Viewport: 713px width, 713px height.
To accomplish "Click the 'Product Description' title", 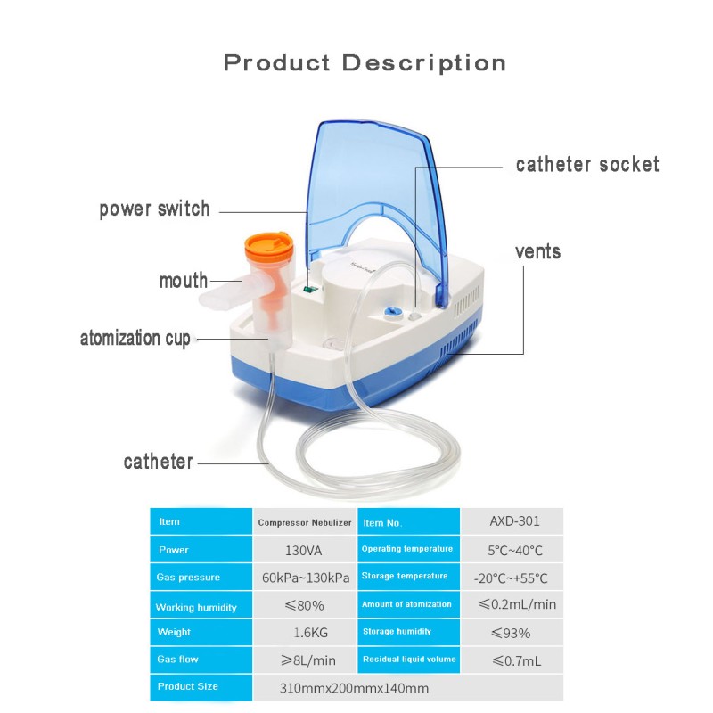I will point(365,63).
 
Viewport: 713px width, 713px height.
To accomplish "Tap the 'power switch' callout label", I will point(154,209).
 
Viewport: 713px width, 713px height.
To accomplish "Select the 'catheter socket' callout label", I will point(587,165).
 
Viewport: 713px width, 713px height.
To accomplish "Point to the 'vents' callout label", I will point(538,251).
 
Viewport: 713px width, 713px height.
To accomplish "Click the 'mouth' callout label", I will point(184,281).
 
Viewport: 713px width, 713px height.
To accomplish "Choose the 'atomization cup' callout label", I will point(135,339).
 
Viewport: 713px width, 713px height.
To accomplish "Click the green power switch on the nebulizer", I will point(308,288).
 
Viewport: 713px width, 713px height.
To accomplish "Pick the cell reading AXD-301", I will point(514,521).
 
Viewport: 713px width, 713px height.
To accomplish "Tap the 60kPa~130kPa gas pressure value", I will point(305,578).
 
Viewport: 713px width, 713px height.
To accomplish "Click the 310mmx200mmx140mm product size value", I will point(354,687).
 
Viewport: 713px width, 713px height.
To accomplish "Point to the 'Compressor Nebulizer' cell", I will point(305,522).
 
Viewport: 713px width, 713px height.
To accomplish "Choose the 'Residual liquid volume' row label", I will point(409,660).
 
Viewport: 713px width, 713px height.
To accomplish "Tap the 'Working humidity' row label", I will point(196,607).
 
